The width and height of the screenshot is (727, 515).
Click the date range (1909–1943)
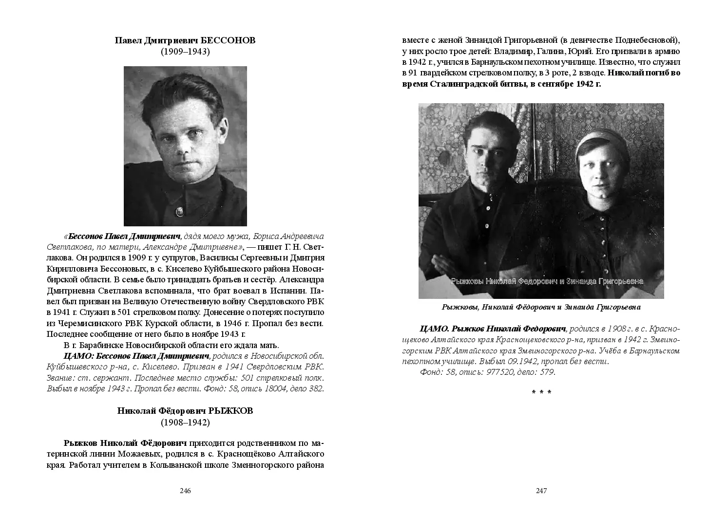[185, 52]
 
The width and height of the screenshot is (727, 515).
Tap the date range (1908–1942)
[185, 423]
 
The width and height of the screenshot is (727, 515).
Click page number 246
[185, 491]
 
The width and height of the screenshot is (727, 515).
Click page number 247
[541, 491]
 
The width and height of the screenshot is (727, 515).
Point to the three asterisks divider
[541, 392]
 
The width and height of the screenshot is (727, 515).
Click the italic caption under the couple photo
[541, 307]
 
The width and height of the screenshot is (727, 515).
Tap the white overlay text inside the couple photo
[547, 281]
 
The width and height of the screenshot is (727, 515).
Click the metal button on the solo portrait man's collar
[179, 211]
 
